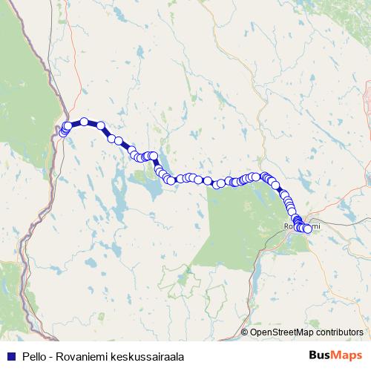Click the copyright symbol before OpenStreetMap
coord(245,332)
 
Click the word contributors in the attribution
coord(338,332)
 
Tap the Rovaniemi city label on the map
coord(302,225)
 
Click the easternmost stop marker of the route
coord(308,229)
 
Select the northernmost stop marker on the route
coord(85,122)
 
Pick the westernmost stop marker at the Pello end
coord(64,133)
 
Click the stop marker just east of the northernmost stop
coord(100,125)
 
